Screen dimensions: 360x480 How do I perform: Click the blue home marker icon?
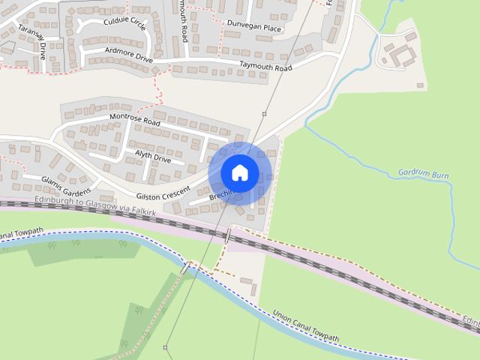click(x=239, y=172)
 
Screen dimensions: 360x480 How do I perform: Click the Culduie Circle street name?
click(x=124, y=23)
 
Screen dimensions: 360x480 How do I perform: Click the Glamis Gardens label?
click(x=66, y=183)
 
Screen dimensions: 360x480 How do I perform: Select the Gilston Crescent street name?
click(x=163, y=191)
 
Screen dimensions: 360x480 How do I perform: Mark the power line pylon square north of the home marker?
click(x=264, y=114)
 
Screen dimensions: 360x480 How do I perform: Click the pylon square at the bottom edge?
click(x=165, y=347)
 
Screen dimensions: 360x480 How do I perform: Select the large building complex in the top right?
click(x=397, y=53)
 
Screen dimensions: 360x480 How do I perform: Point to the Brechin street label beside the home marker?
click(x=222, y=196)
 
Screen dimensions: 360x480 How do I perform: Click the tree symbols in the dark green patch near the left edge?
click(x=64, y=244)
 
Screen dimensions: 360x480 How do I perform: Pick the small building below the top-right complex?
click(x=420, y=85)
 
